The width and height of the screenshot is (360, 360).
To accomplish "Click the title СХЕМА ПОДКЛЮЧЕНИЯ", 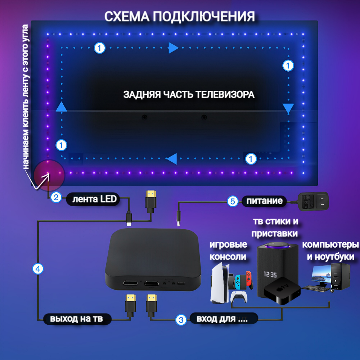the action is (x=180, y=16).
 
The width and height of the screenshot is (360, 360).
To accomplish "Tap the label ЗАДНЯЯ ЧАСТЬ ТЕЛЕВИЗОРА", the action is (x=189, y=94).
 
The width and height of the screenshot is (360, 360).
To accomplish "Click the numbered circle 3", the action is (x=181, y=319).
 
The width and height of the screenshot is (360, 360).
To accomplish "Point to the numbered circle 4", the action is (x=38, y=268).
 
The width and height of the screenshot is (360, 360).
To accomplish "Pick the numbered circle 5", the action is (x=233, y=201).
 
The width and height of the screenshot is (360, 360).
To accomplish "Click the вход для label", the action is (x=223, y=319).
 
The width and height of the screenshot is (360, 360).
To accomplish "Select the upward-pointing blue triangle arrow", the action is (x=62, y=107).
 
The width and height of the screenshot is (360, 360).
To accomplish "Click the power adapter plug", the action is (x=313, y=201).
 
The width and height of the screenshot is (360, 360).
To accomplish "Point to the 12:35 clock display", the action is (x=270, y=275).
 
